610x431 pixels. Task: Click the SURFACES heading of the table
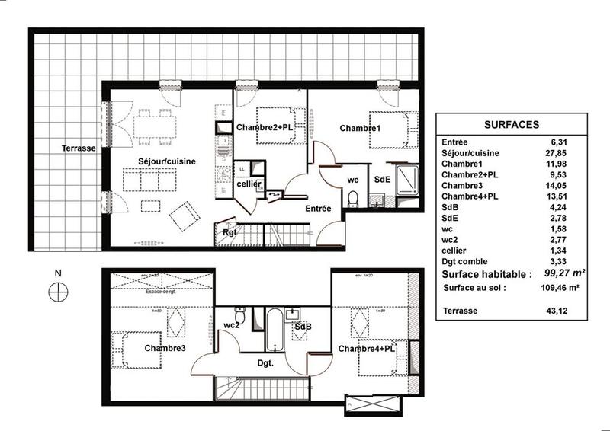click(512, 124)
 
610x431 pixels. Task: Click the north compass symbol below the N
click(57, 289)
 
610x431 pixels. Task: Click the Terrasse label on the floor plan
click(79, 149)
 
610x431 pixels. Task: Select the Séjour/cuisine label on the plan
click(167, 161)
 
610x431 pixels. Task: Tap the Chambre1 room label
click(360, 128)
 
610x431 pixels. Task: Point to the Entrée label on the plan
click(318, 208)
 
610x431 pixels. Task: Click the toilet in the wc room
click(352, 200)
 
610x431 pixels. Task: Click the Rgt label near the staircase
click(229, 233)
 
